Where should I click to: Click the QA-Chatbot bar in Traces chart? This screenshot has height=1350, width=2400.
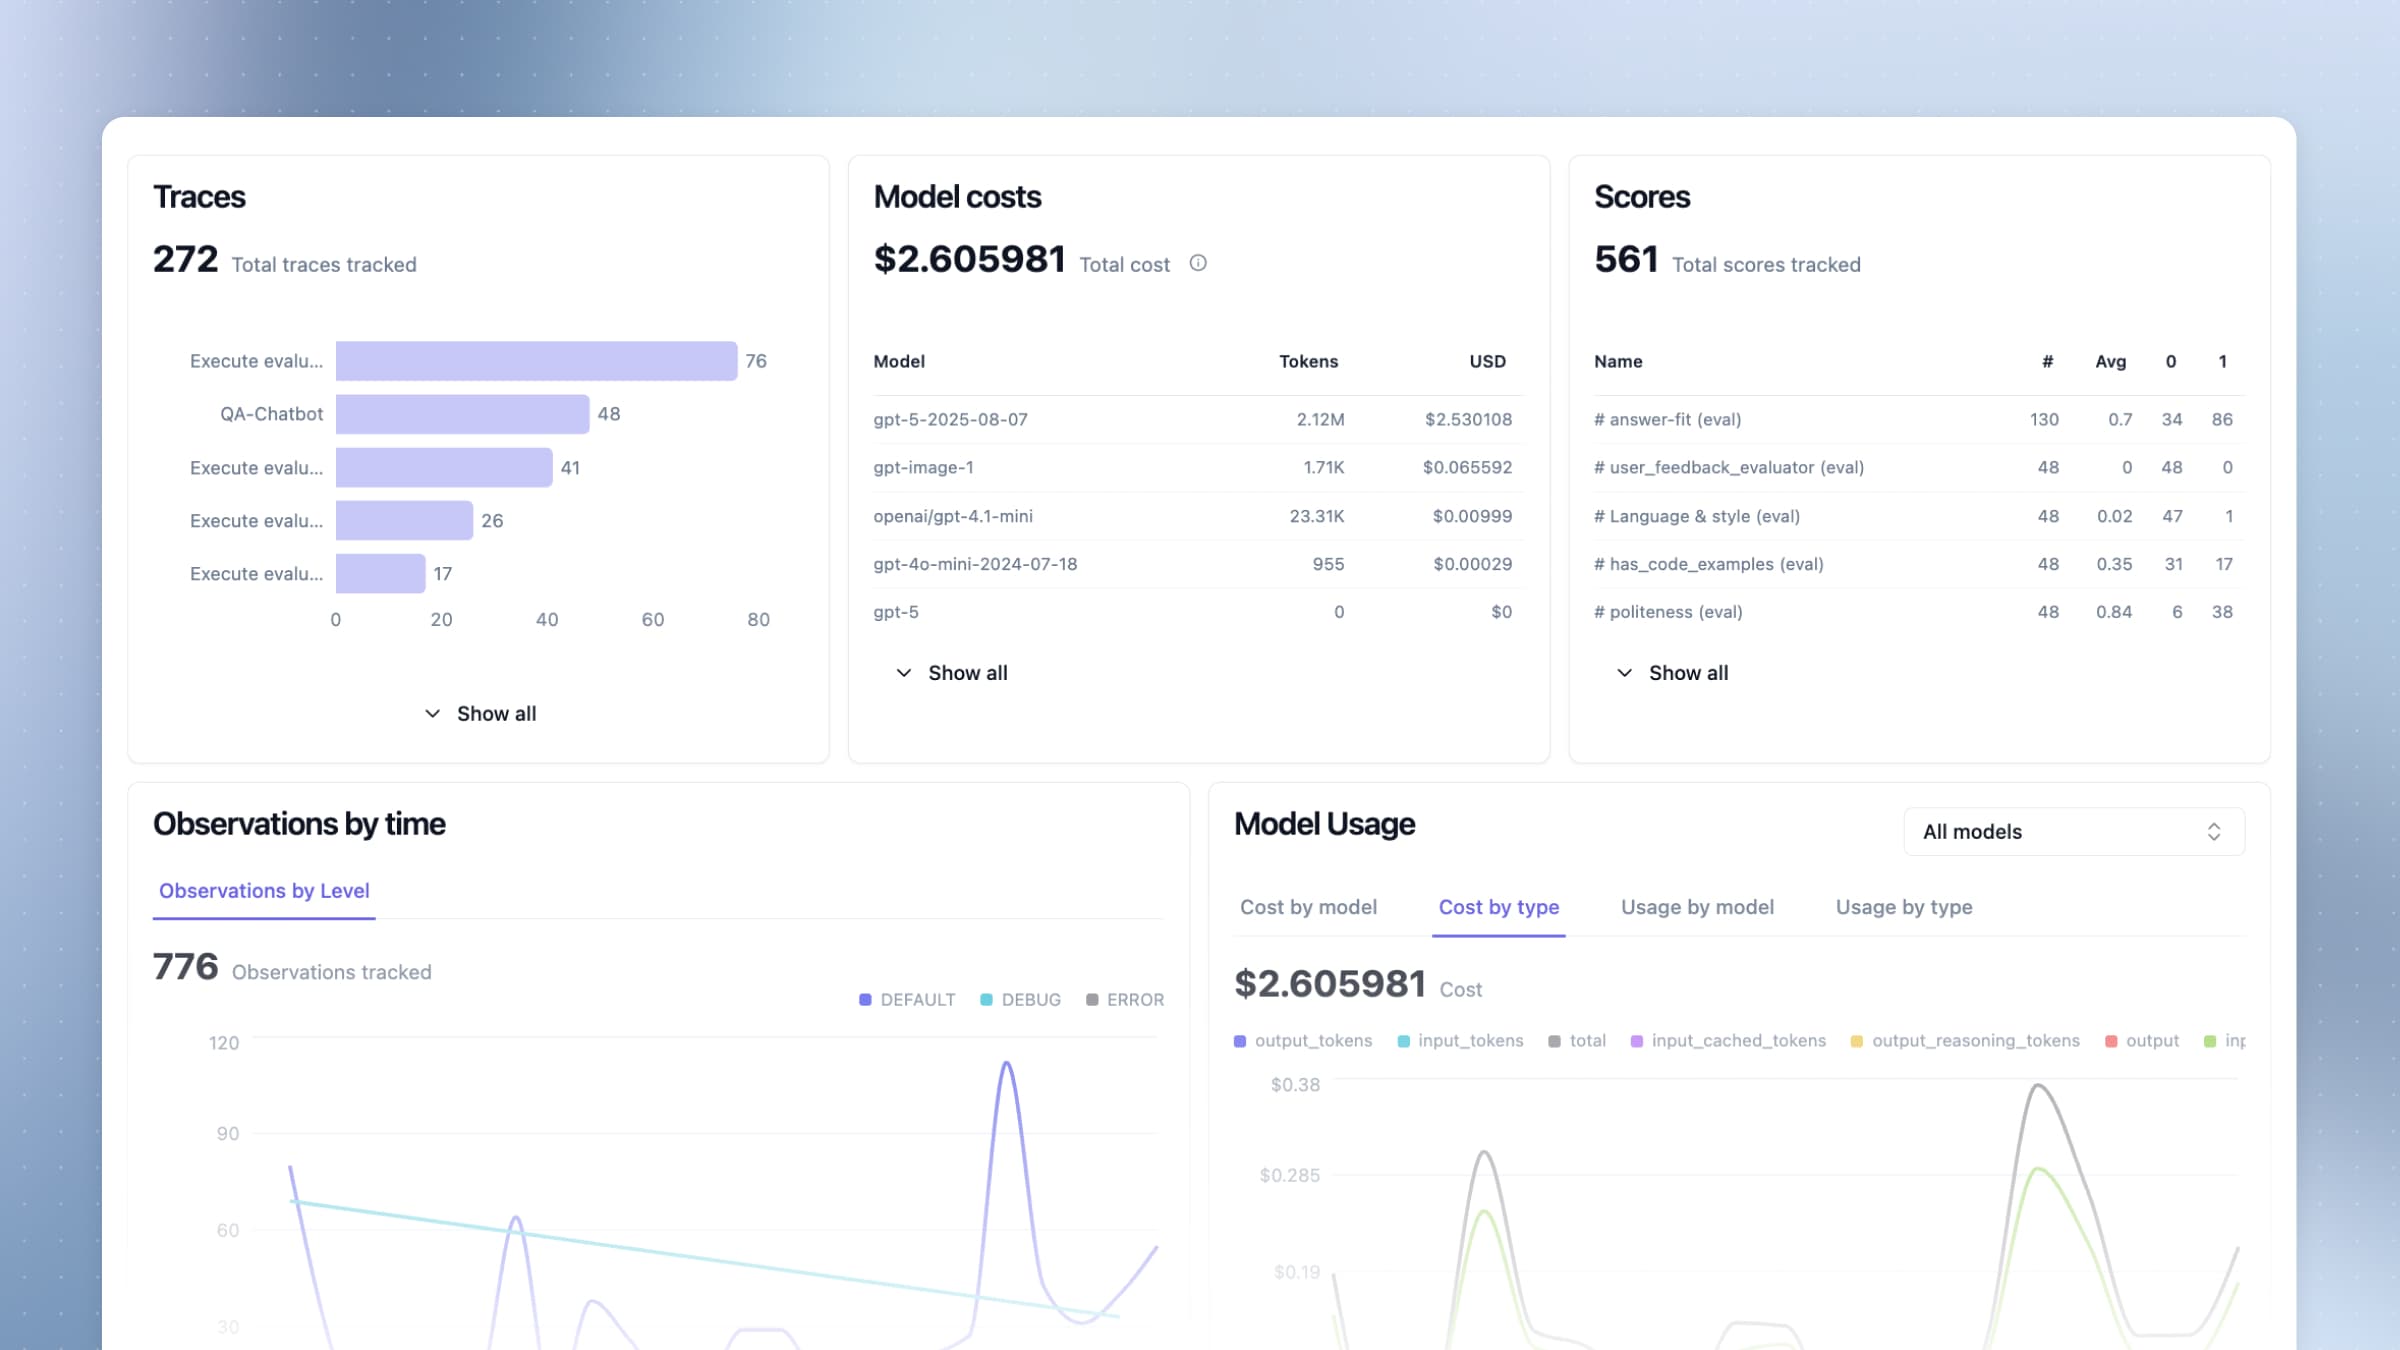coord(462,414)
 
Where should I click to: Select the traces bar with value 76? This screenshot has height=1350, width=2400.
coord(536,361)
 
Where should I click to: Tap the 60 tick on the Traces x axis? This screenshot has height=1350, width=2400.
coord(653,620)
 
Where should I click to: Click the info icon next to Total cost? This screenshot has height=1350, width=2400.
coord(1198,263)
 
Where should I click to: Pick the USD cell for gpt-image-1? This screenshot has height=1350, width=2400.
coord(1467,468)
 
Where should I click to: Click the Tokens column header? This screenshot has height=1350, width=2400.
coord(1308,362)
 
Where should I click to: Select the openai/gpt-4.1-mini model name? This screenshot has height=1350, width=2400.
coord(953,516)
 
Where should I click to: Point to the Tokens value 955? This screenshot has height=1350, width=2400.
coord(1328,564)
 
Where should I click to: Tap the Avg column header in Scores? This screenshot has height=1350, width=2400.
coord(2110,362)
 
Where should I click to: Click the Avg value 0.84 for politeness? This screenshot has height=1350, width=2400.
coord(2114,612)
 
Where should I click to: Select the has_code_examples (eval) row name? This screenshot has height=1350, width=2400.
coord(1709,564)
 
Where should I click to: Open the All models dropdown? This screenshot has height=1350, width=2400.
coord(2073,832)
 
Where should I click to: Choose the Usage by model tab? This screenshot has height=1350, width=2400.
coord(1697,907)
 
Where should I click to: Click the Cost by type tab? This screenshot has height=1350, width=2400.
coord(1498,907)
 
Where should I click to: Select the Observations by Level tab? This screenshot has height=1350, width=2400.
coord(264,891)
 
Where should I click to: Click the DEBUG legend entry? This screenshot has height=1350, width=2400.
coord(1021,1000)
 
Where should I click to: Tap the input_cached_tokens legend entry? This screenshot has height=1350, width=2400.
coord(1728,1041)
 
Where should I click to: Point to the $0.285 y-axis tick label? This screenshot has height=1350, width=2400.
coord(1289,1176)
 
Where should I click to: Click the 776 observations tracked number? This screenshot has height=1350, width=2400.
coord(186,967)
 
